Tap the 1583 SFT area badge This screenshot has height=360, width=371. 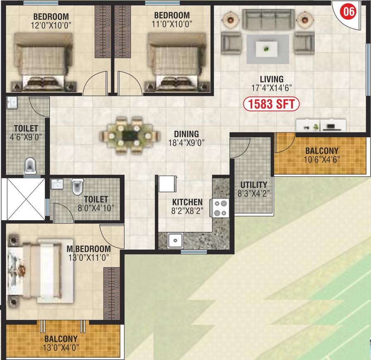[271, 104]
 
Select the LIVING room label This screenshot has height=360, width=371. [272, 79]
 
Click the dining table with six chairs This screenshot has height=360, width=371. [130, 136]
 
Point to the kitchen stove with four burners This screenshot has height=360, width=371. [220, 208]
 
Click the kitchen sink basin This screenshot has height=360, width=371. [175, 240]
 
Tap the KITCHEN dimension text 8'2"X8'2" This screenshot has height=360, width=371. [188, 211]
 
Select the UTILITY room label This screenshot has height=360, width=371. [254, 185]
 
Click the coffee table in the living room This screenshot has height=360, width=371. [267, 49]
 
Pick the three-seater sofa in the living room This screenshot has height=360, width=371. [269, 19]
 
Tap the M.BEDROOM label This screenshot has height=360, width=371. [89, 249]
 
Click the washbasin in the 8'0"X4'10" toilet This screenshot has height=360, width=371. [57, 184]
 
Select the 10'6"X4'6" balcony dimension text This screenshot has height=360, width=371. [322, 160]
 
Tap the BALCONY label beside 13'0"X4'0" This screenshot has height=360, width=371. [61, 339]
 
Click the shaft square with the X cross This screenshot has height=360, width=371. [26, 199]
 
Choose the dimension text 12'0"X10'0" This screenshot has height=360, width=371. [51, 25]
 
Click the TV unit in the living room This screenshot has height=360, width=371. [321, 125]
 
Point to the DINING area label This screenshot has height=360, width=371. [186, 134]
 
